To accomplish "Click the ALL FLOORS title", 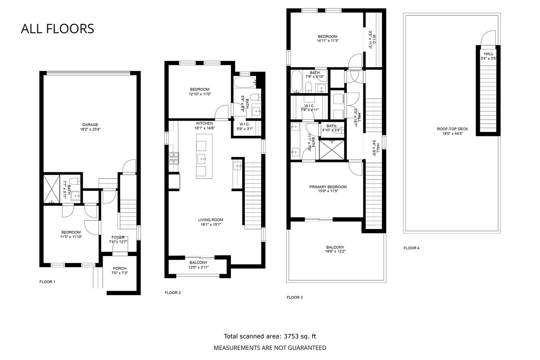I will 57,29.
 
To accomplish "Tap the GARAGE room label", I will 90,125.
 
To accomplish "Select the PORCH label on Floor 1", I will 119,268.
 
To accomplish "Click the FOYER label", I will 118,237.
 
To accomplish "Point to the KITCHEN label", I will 204,123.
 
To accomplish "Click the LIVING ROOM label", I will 211,220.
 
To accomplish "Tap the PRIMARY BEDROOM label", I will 328,187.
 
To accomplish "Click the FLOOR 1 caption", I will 47,282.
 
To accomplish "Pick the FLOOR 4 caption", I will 411,248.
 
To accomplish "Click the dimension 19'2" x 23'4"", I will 90,130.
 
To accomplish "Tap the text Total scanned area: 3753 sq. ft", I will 273,336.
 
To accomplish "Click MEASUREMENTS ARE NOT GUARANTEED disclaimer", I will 270,347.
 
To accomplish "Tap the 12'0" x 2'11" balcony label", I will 198,267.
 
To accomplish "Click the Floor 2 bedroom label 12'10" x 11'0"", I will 200,94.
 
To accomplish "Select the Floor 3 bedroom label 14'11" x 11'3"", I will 328,41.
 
